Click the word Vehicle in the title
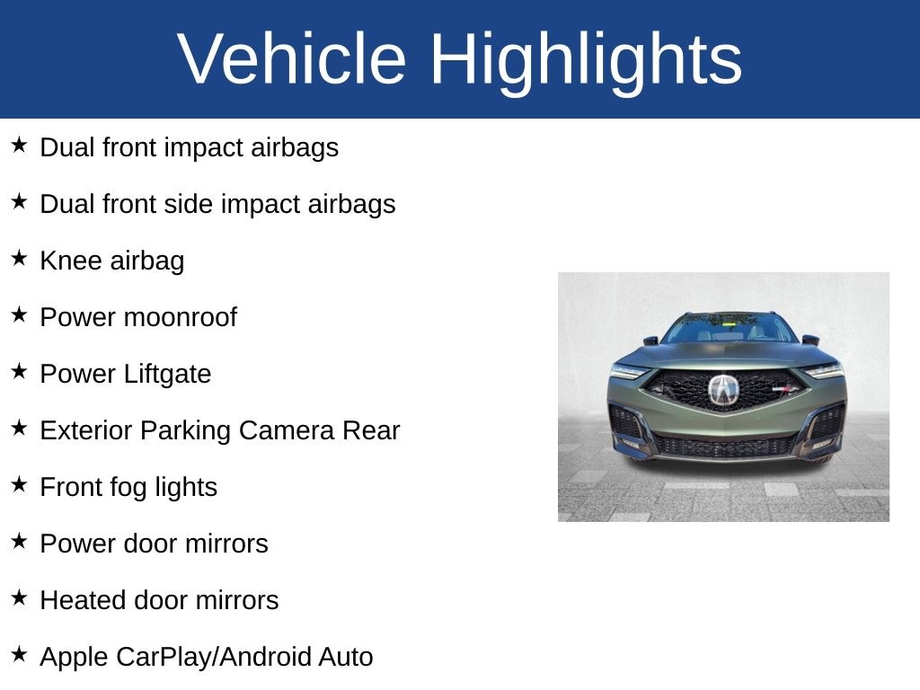(x=292, y=58)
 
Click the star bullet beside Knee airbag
(x=19, y=258)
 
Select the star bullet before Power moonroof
(x=19, y=314)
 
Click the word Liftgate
(x=167, y=374)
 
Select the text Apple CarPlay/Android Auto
(x=207, y=657)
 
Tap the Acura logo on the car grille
(x=723, y=390)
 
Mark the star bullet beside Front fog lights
(x=19, y=484)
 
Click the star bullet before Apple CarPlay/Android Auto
(x=19, y=654)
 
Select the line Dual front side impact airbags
(x=217, y=205)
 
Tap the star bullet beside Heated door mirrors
(x=19, y=597)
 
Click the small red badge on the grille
(x=784, y=388)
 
